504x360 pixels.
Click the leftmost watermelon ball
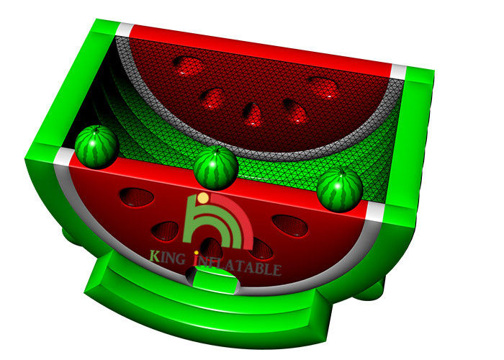coord(96,147)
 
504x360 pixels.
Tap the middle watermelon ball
coord(216,168)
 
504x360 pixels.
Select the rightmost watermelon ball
coord(340,189)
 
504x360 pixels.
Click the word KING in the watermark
coord(168,258)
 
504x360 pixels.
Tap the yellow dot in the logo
coord(203,198)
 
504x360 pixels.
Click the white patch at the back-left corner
coord(125,30)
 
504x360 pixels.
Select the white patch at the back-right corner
coord(398,72)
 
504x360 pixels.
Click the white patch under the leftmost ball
coord(64,157)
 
